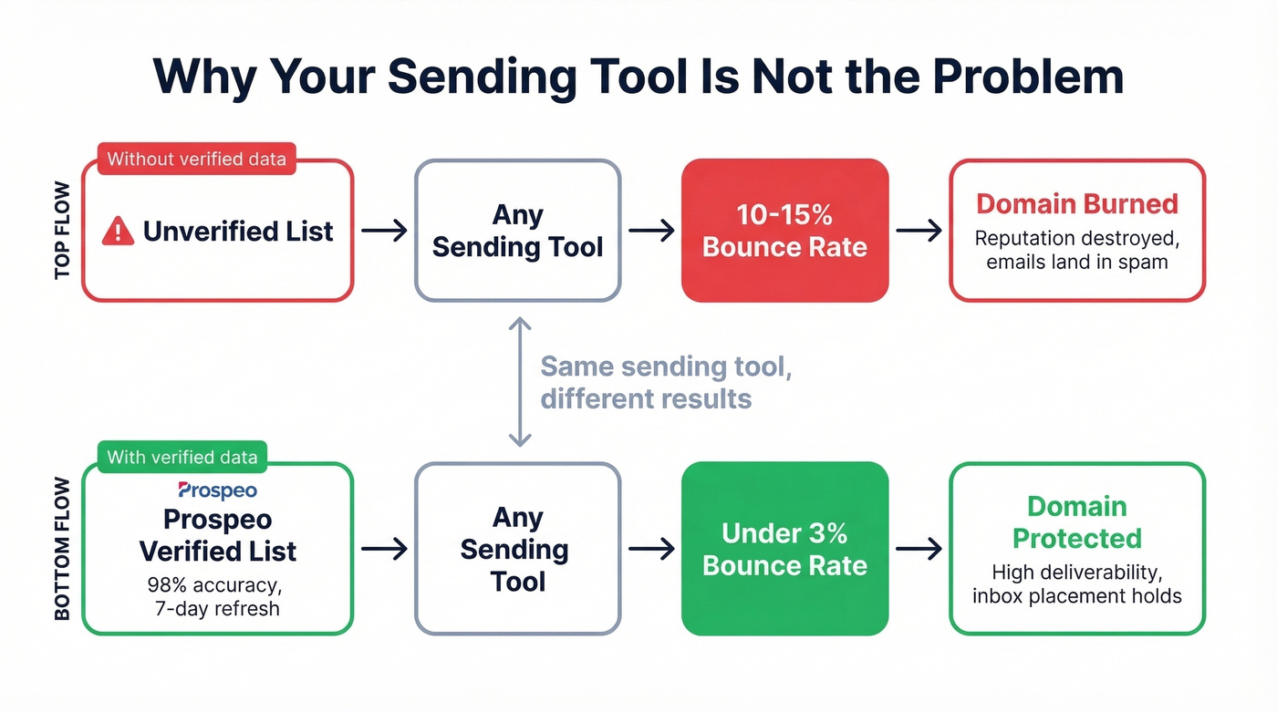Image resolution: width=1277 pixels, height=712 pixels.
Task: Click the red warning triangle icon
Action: pyautogui.click(x=118, y=232)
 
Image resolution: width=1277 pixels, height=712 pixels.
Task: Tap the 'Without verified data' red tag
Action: pyautogui.click(x=196, y=160)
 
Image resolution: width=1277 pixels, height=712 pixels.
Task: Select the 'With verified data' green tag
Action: pyautogui.click(x=182, y=457)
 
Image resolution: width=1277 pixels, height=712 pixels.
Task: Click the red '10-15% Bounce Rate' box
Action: pyautogui.click(x=784, y=231)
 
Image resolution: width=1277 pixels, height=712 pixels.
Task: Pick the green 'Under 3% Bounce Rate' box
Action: pyautogui.click(x=784, y=549)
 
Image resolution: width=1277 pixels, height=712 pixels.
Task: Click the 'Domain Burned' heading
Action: pyautogui.click(x=1077, y=203)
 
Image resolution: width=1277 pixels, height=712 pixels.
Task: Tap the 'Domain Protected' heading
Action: pyautogui.click(x=1077, y=522)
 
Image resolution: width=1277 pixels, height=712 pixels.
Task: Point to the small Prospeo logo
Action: pyautogui.click(x=217, y=490)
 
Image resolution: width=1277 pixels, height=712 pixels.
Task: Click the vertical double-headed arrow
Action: pyautogui.click(x=519, y=381)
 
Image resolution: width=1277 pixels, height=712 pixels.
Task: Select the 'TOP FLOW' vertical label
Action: pyautogui.click(x=63, y=231)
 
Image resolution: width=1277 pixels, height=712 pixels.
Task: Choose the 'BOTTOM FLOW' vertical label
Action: pyautogui.click(x=63, y=549)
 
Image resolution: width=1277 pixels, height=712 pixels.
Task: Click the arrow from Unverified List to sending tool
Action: pyautogui.click(x=384, y=231)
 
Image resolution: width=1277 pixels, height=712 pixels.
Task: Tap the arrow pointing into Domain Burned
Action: pyautogui.click(x=919, y=231)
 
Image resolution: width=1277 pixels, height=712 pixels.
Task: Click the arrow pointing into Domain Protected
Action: pyautogui.click(x=919, y=549)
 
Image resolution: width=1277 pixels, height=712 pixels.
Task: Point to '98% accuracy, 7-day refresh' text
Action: pyautogui.click(x=217, y=597)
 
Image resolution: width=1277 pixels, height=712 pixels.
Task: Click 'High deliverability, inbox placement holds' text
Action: pyautogui.click(x=1077, y=584)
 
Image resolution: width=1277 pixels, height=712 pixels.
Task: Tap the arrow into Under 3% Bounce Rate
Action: pyautogui.click(x=651, y=549)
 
